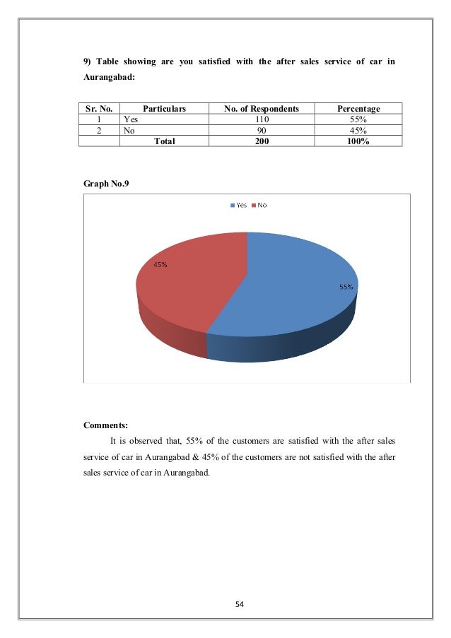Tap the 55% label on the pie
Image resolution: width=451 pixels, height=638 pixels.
click(346, 288)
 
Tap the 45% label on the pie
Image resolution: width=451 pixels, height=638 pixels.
click(160, 265)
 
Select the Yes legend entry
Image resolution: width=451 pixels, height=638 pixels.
click(238, 205)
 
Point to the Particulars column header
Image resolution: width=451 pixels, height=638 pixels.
click(164, 109)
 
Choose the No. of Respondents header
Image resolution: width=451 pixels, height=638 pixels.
click(261, 109)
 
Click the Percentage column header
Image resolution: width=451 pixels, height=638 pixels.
click(358, 109)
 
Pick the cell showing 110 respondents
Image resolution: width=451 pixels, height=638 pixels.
click(261, 119)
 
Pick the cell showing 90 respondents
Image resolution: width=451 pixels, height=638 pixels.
click(261, 130)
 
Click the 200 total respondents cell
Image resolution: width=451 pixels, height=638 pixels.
click(261, 141)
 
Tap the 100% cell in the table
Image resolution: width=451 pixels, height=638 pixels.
click(358, 141)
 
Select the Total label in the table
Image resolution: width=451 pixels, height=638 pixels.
click(164, 141)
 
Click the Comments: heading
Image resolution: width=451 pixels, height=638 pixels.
click(106, 425)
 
